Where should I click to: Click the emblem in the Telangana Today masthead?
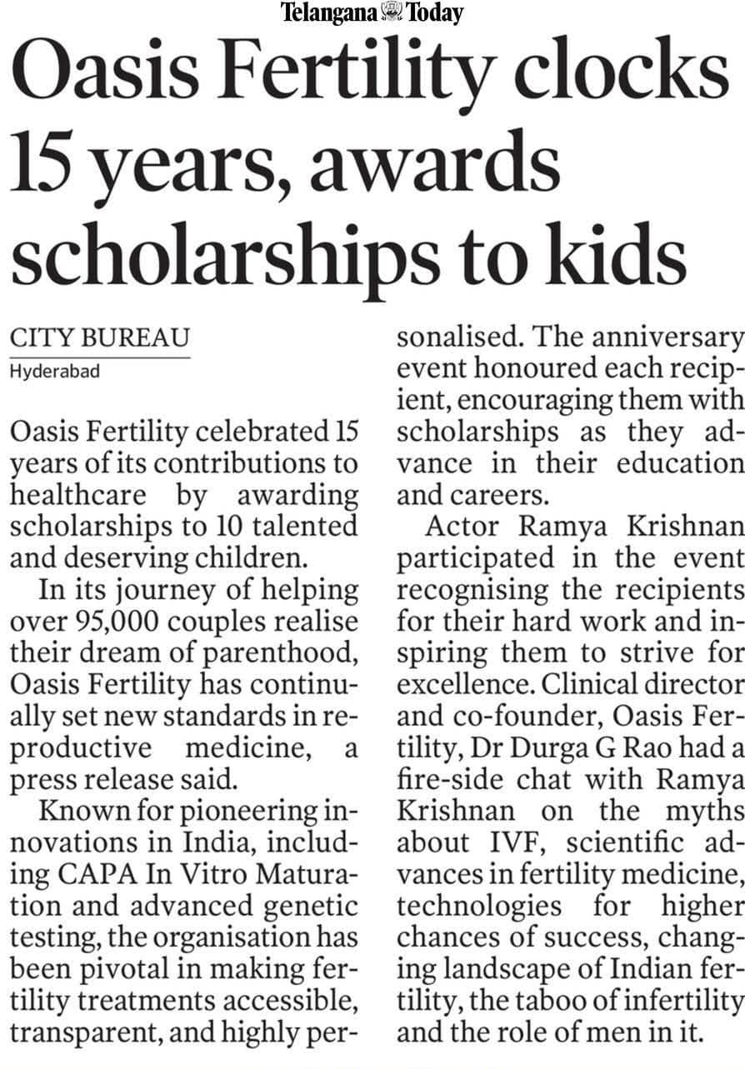pyautogui.click(x=389, y=12)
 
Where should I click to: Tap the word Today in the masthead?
pyautogui.click(x=434, y=12)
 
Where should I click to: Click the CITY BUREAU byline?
pyautogui.click(x=99, y=338)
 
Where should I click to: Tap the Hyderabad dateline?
pyautogui.click(x=54, y=372)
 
